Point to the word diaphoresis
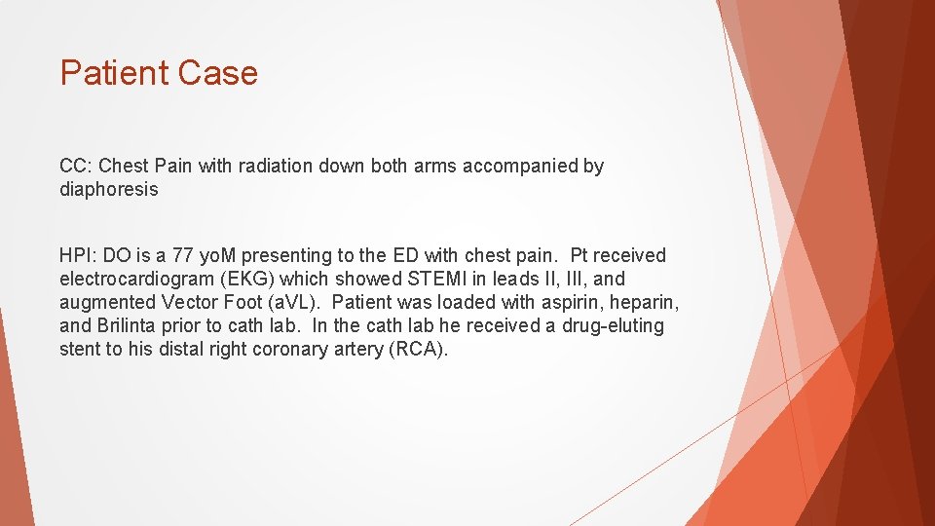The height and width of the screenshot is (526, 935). pyautogui.click(x=108, y=190)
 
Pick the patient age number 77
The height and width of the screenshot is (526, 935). pyautogui.click(x=182, y=256)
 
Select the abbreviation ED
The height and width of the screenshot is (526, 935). pyautogui.click(x=405, y=256)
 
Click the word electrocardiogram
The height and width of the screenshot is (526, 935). pyautogui.click(x=134, y=280)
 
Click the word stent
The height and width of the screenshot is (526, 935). pyautogui.click(x=80, y=350)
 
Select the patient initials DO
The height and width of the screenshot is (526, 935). pyautogui.click(x=117, y=256)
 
